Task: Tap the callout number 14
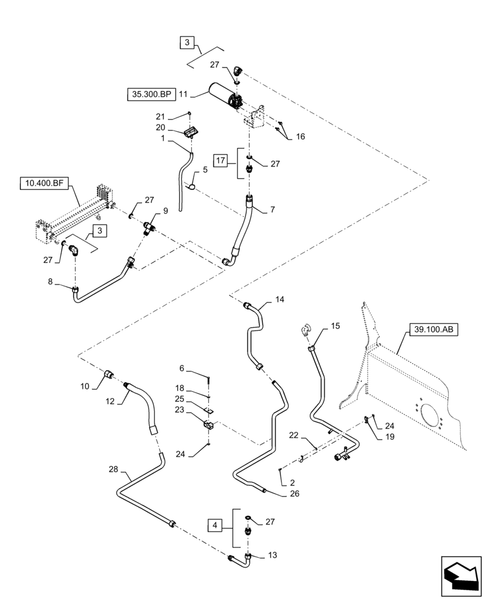[x=280, y=299]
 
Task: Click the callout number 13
[x=273, y=555]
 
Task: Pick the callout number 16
[x=300, y=137]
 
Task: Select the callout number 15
[x=335, y=326]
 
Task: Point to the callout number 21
[x=160, y=116]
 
